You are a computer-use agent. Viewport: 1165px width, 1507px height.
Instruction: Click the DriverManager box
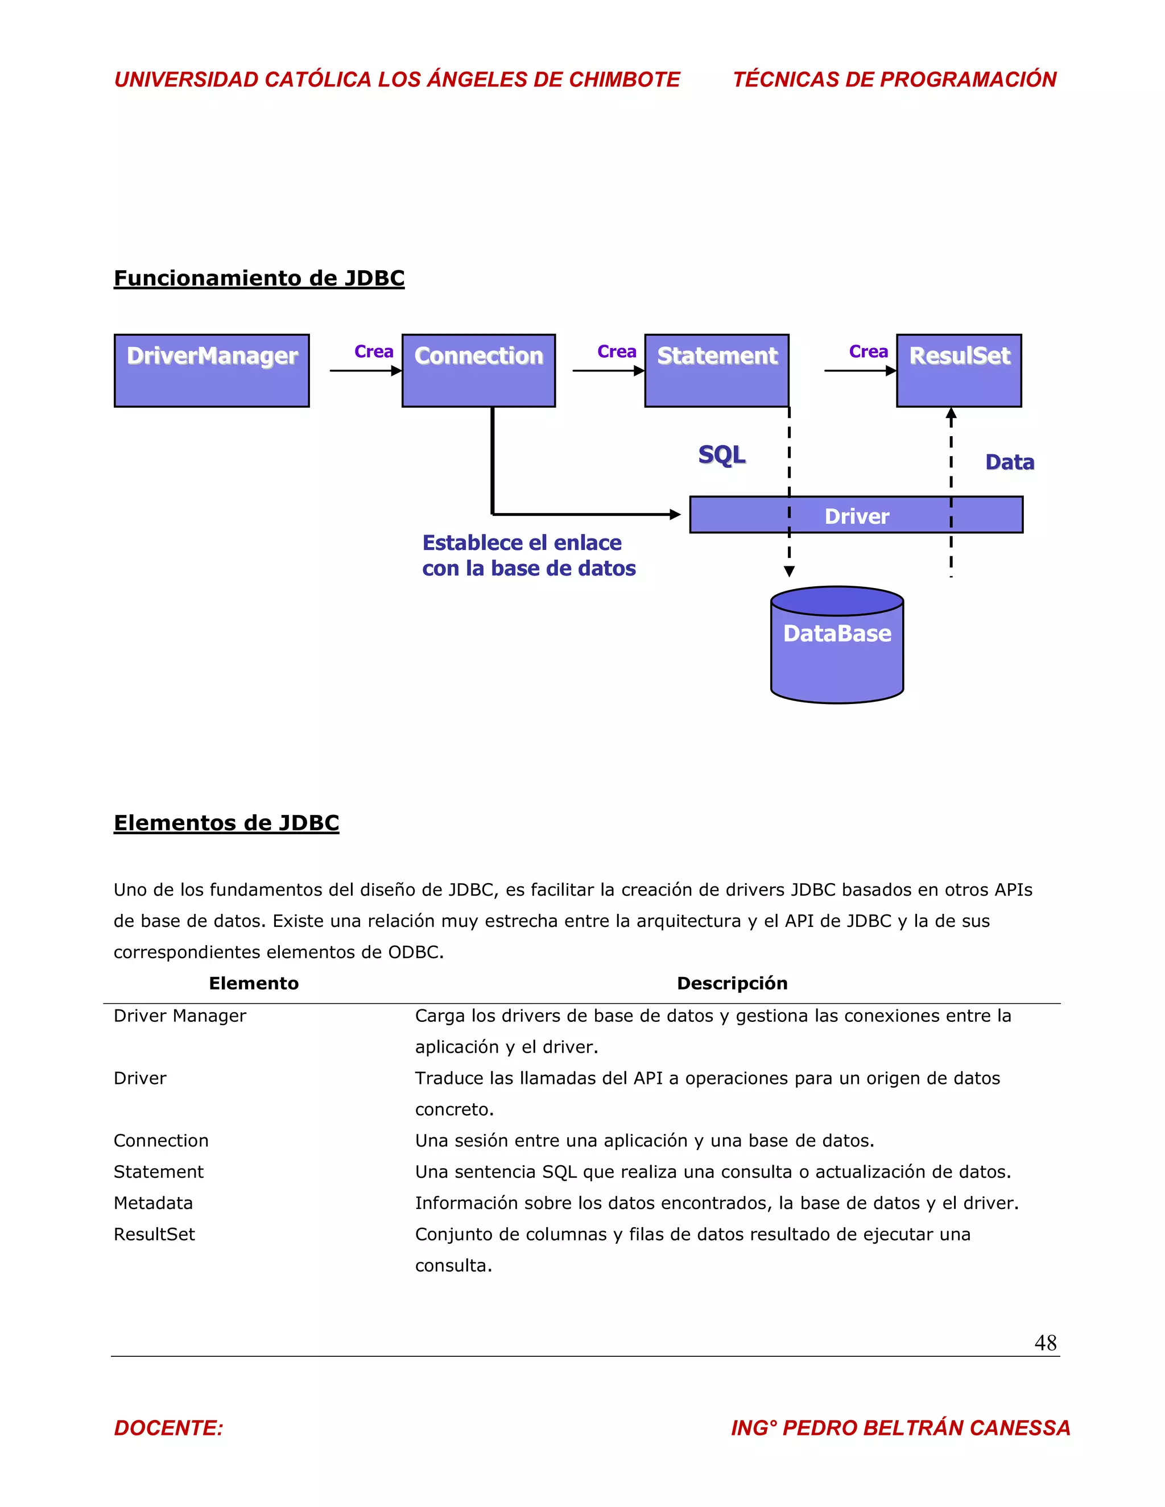pyautogui.click(x=211, y=371)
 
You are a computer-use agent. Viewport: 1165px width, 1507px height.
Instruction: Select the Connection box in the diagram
pyautogui.click(x=478, y=371)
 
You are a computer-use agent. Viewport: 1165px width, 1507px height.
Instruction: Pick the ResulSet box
pyautogui.click(x=959, y=371)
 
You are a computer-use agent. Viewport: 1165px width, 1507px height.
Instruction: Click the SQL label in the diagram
pyautogui.click(x=722, y=455)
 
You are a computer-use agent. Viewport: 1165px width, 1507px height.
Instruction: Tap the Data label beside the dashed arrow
pyautogui.click(x=1010, y=462)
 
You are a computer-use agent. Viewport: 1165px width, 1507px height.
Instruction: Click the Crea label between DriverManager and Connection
pyautogui.click(x=373, y=352)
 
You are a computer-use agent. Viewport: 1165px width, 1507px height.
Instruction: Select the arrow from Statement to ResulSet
pyautogui.click(x=860, y=371)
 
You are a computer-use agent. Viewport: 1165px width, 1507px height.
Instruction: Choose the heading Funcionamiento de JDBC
pyautogui.click(x=259, y=278)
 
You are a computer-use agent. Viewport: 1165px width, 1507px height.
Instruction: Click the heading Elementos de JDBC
pyautogui.click(x=226, y=822)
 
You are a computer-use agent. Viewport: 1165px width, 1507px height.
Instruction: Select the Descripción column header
pyautogui.click(x=732, y=983)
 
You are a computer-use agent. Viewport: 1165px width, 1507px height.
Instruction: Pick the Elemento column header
pyautogui.click(x=253, y=983)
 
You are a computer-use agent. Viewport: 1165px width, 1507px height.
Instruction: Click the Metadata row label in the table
pyautogui.click(x=153, y=1203)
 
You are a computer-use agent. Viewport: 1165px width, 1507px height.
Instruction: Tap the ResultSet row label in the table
pyautogui.click(x=154, y=1235)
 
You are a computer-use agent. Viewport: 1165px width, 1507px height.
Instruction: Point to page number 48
pyautogui.click(x=1045, y=1343)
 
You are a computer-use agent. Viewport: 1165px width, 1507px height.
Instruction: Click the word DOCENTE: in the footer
pyautogui.click(x=168, y=1427)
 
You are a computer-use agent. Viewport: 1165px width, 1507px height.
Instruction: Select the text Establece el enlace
pyautogui.click(x=522, y=543)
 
